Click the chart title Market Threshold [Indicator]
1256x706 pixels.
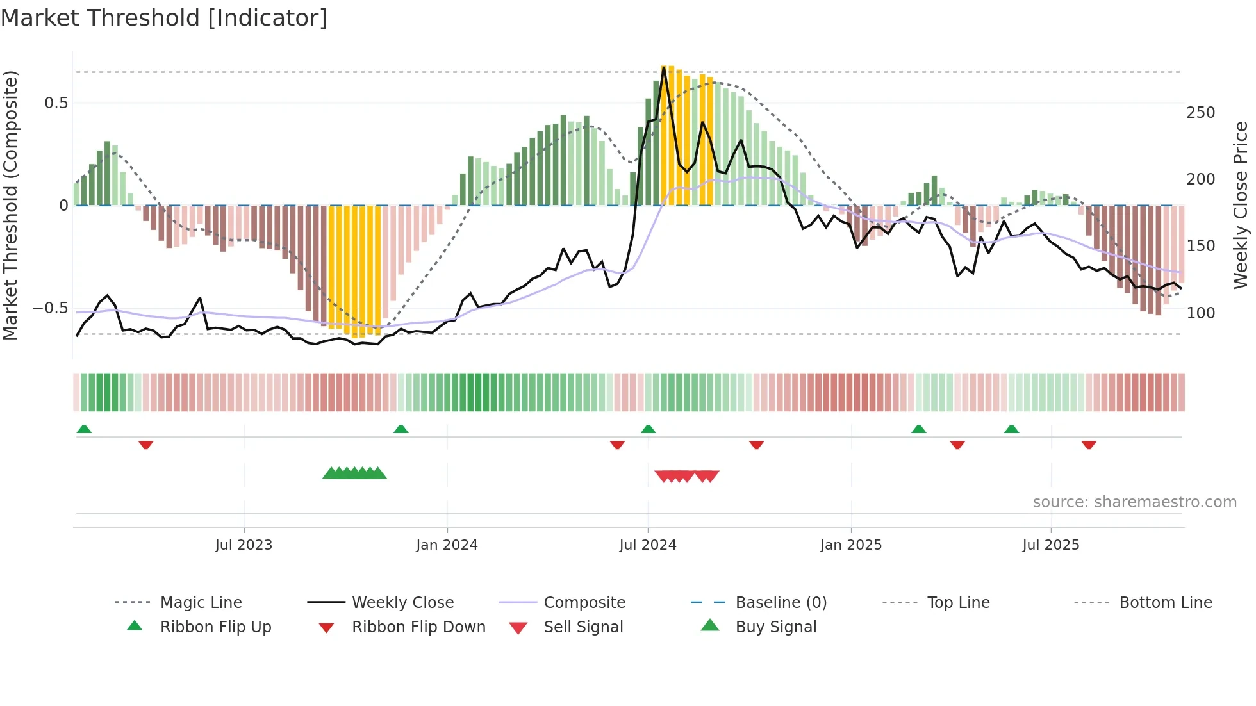pyautogui.click(x=164, y=18)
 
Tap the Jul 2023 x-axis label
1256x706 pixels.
pyautogui.click(x=244, y=545)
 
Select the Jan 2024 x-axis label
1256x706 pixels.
pyautogui.click(x=447, y=545)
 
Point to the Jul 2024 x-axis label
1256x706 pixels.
pyautogui.click(x=648, y=545)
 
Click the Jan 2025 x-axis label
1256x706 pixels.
pyautogui.click(x=851, y=545)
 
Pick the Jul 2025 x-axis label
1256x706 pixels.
pyautogui.click(x=1051, y=545)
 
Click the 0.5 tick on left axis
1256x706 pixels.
pyautogui.click(x=56, y=103)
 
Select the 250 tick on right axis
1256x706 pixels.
pyautogui.click(x=1201, y=113)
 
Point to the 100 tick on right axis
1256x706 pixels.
pyautogui.click(x=1201, y=313)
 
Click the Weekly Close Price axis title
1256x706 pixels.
pyautogui.click(x=1241, y=205)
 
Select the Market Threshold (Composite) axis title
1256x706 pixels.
pyautogui.click(x=10, y=205)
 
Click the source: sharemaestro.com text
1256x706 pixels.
pyautogui.click(x=1134, y=502)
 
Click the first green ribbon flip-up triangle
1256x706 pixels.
pyautogui.click(x=84, y=429)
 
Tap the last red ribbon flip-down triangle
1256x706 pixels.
pyautogui.click(x=1089, y=445)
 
